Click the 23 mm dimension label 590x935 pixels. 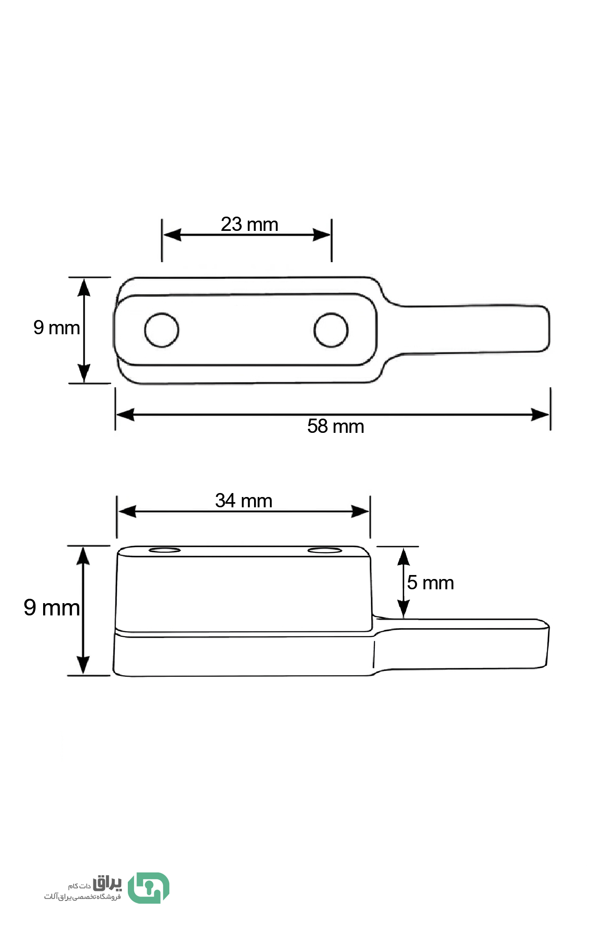pos(249,224)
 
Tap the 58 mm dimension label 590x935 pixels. pos(336,427)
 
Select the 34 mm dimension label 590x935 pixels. pos(244,501)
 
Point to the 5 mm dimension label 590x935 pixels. pos(431,583)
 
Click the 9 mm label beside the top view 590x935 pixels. pos(57,328)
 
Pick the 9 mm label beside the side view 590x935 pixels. pos(51,608)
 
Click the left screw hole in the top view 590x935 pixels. pos(161,330)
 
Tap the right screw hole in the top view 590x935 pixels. pos(331,330)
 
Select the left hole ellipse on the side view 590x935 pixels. pos(165,550)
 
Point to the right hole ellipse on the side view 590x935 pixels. pos(325,550)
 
